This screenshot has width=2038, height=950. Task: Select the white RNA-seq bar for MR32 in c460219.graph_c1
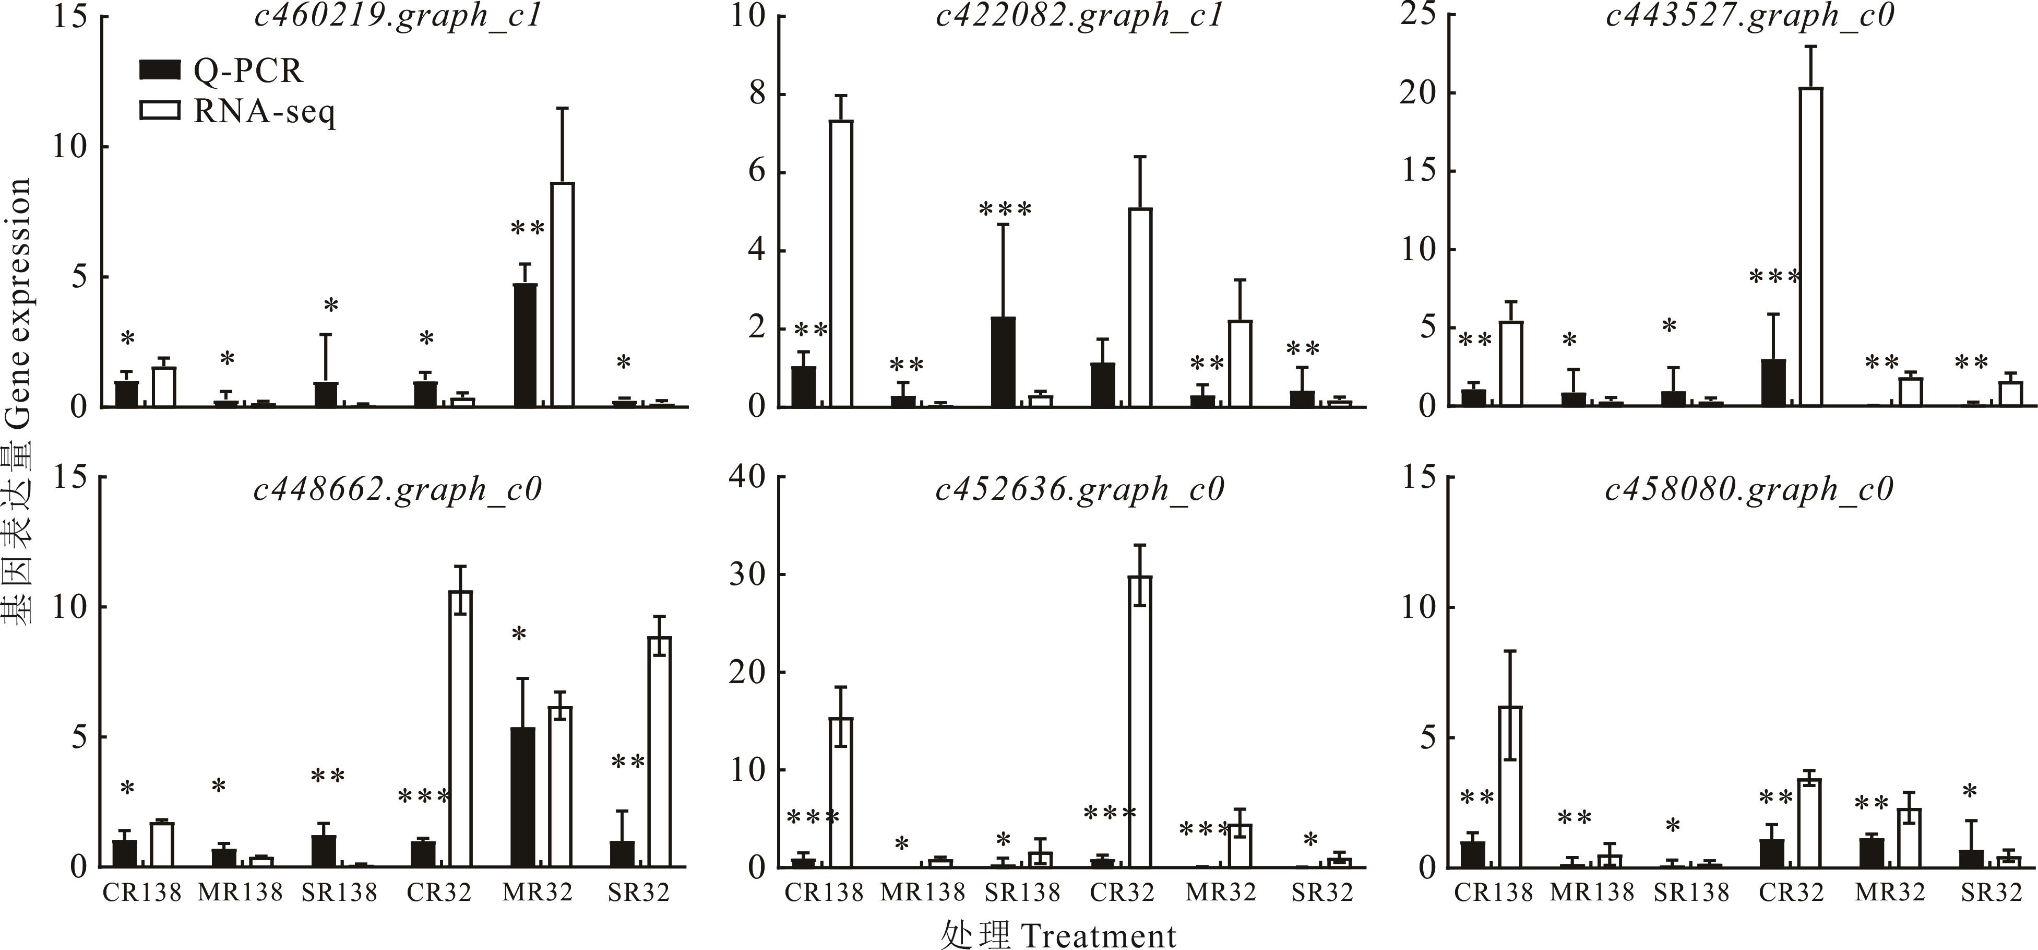tap(563, 295)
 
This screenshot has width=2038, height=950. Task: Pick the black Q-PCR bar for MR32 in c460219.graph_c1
tap(525, 345)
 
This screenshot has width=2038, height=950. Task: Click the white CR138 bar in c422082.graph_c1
tap(841, 264)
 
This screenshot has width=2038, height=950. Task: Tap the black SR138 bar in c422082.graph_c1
tap(1003, 362)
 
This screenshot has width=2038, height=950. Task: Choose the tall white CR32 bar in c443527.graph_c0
tap(1810, 247)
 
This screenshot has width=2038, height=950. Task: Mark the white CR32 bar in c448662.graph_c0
tap(460, 729)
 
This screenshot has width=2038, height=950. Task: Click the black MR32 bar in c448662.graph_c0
tap(522, 796)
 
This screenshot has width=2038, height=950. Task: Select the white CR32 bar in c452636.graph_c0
tap(1140, 721)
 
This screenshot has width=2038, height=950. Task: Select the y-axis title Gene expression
tap(17, 301)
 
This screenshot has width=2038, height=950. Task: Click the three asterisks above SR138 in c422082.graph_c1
tap(1005, 210)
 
